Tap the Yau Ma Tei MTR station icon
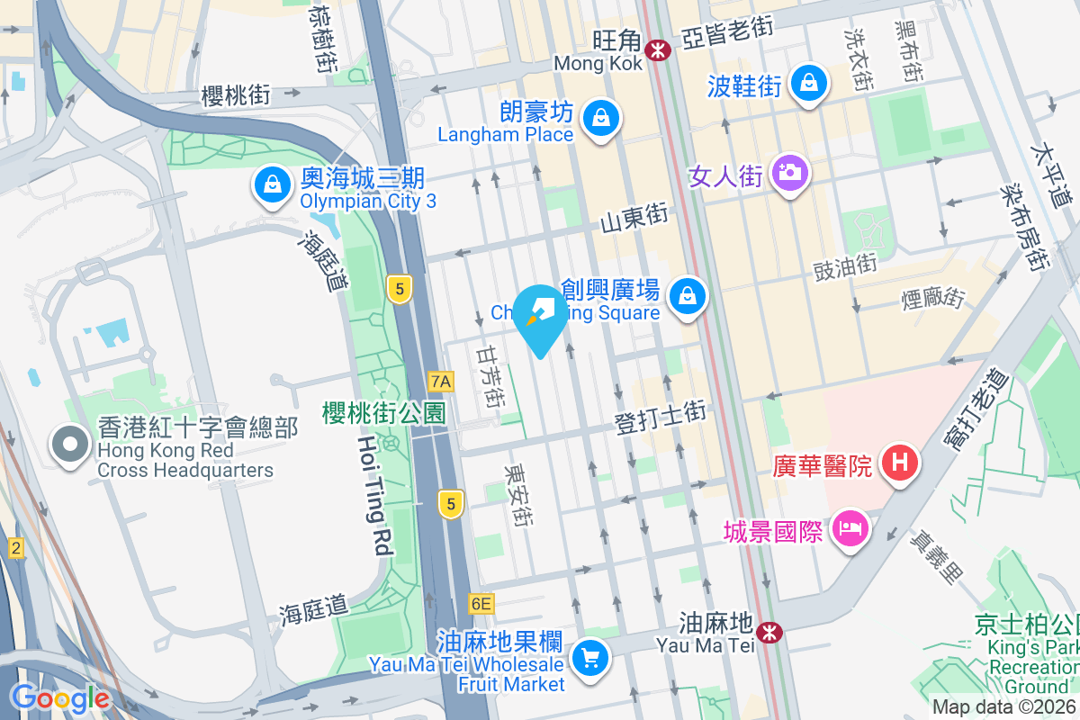pos(769,632)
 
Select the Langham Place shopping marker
pos(599,117)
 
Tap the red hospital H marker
pos(899,464)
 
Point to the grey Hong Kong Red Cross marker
pos(70,445)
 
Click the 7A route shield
pos(441,382)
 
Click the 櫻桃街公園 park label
pos(384,414)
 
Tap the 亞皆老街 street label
pos(727,35)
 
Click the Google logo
pos(60,697)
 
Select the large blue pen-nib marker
pos(541,316)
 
